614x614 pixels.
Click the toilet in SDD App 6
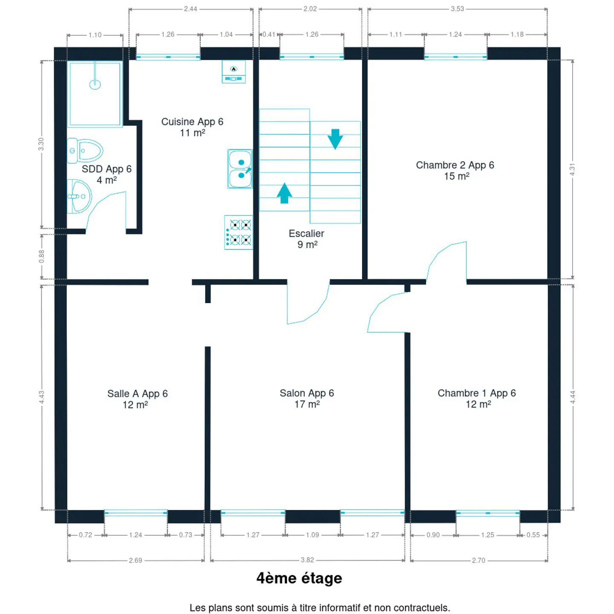pos(85,150)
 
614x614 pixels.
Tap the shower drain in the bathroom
pos(95,84)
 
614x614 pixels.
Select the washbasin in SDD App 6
pos(79,196)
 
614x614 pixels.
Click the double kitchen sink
pos(240,169)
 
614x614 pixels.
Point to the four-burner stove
pos(239,232)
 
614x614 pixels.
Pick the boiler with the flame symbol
pos(234,72)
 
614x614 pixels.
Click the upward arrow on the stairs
pos(284,193)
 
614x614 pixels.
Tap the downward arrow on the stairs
pos(335,139)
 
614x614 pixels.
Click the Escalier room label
pos(306,234)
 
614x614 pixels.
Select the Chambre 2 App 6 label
pos(455,165)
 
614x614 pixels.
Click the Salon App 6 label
pos(307,393)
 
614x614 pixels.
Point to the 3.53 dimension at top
pos(457,9)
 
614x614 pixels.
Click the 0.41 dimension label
pos(269,35)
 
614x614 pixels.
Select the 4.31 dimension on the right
pos(572,170)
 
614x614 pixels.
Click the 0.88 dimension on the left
pos(42,257)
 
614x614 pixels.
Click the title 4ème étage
pos(299,578)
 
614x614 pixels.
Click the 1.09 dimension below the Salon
pos(312,535)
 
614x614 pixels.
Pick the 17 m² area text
pos(307,404)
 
